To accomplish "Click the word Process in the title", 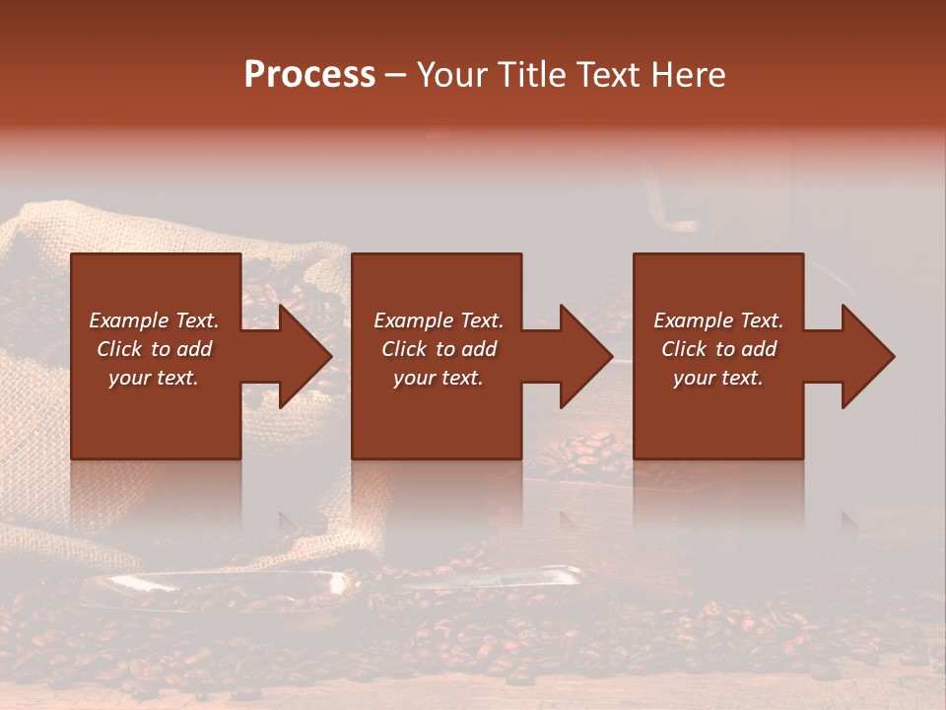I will click(309, 75).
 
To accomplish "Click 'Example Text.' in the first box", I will click(154, 320).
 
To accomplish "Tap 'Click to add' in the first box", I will click(154, 349).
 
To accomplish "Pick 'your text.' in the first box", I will click(154, 378).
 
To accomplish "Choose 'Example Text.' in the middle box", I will click(439, 320).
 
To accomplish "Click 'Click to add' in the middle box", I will click(439, 349).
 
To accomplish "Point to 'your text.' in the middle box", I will click(439, 378).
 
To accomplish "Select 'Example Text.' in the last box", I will click(718, 320).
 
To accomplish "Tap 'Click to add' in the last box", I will click(718, 349).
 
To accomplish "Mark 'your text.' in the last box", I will click(718, 378).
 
